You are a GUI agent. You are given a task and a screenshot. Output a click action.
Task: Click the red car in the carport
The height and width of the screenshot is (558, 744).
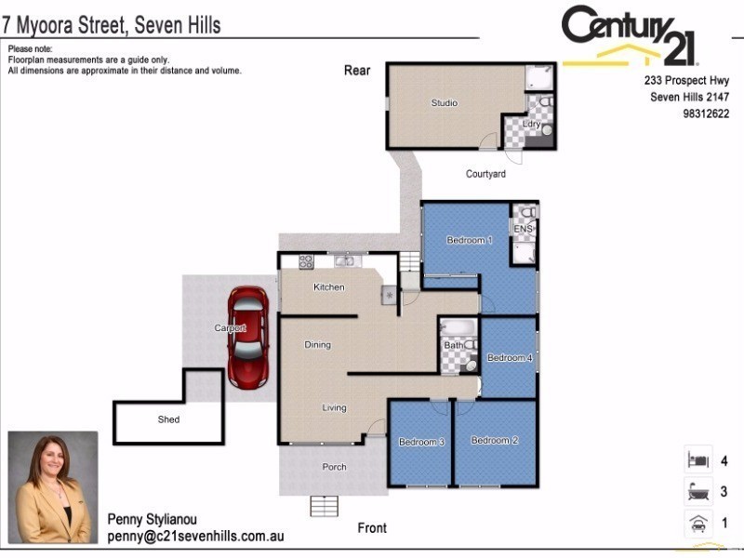point(249,337)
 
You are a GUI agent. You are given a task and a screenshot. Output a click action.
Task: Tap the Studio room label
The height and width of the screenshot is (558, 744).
point(444,103)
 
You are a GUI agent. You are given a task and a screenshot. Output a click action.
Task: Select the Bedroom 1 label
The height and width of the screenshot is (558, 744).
point(469,240)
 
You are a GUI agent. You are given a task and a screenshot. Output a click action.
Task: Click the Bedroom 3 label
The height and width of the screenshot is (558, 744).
point(422,442)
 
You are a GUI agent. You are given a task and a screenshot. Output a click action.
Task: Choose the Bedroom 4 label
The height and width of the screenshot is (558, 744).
point(510,358)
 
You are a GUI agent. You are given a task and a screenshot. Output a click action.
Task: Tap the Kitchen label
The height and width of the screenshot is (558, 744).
point(328,287)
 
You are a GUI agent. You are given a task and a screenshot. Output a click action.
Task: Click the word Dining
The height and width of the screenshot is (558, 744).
point(317,345)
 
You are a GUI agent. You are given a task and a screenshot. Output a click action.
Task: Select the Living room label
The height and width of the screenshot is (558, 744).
point(334,407)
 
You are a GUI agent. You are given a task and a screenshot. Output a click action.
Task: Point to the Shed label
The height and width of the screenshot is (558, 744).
point(168,419)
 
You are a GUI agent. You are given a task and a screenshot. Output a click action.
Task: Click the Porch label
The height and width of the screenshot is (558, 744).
point(334,467)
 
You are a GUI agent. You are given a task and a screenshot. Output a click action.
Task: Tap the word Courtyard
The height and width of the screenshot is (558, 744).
point(485,174)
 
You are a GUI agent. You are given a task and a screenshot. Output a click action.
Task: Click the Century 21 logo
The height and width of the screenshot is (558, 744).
point(630,37)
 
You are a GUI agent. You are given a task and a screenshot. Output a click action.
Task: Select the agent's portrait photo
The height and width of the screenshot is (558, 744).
point(53,487)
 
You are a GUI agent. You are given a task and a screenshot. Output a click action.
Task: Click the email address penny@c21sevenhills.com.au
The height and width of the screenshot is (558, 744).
point(195,537)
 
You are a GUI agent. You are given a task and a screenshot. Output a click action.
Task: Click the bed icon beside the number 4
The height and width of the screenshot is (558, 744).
point(697,459)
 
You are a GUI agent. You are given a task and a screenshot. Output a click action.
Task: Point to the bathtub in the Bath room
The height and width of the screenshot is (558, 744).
point(458,328)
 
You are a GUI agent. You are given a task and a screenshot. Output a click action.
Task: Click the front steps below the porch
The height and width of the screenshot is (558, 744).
point(325,507)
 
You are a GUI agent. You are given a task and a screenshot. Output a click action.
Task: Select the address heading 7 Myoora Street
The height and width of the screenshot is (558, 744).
point(112,24)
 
